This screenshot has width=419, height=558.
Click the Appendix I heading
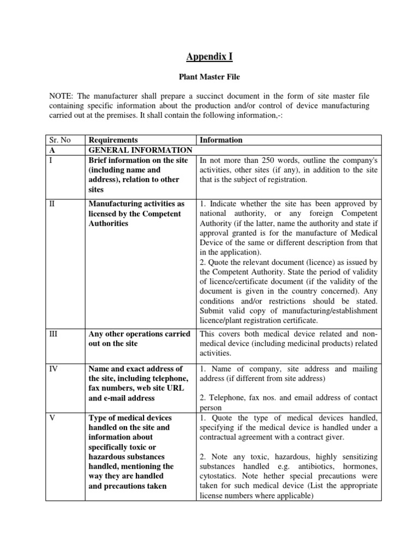click(209, 56)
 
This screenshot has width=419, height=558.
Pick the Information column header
click(221, 140)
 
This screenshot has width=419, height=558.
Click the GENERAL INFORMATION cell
click(140, 150)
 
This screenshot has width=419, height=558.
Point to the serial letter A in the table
click(49, 150)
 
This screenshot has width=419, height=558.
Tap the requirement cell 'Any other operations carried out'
click(139, 338)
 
